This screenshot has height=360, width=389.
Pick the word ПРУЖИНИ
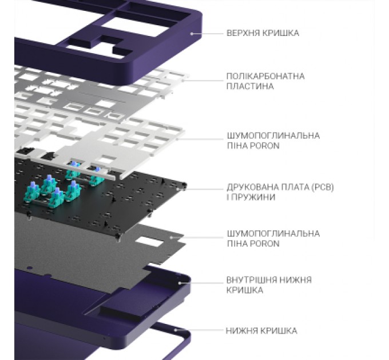click(x=255, y=197)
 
